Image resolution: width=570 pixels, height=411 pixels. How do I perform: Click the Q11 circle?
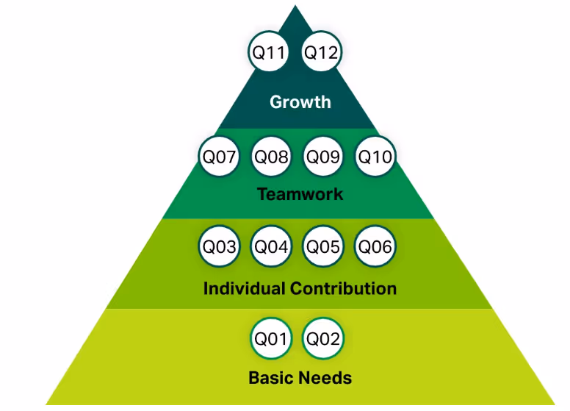(x=270, y=52)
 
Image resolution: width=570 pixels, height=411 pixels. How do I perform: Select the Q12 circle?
(x=321, y=52)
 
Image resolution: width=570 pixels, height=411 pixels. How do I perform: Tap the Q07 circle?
(x=219, y=157)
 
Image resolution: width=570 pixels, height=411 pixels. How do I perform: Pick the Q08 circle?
(x=271, y=157)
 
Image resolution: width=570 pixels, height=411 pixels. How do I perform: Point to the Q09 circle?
(x=322, y=157)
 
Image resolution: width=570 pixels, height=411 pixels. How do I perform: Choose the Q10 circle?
(x=374, y=157)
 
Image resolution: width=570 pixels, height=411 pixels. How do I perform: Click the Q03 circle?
(x=219, y=246)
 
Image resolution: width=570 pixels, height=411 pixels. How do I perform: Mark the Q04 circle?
(x=271, y=246)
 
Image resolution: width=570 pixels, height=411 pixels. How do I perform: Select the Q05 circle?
(x=322, y=246)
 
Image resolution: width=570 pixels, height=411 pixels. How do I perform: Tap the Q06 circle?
(x=374, y=246)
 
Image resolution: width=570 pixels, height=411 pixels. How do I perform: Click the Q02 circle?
(x=322, y=339)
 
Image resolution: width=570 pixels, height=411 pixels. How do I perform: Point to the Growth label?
(x=300, y=102)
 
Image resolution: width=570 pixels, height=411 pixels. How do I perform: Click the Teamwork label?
(x=300, y=195)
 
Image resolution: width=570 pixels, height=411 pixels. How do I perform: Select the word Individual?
(x=245, y=288)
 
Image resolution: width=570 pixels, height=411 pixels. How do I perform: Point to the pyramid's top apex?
(x=295, y=7)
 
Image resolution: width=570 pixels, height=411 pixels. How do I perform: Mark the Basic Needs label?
(x=300, y=379)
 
